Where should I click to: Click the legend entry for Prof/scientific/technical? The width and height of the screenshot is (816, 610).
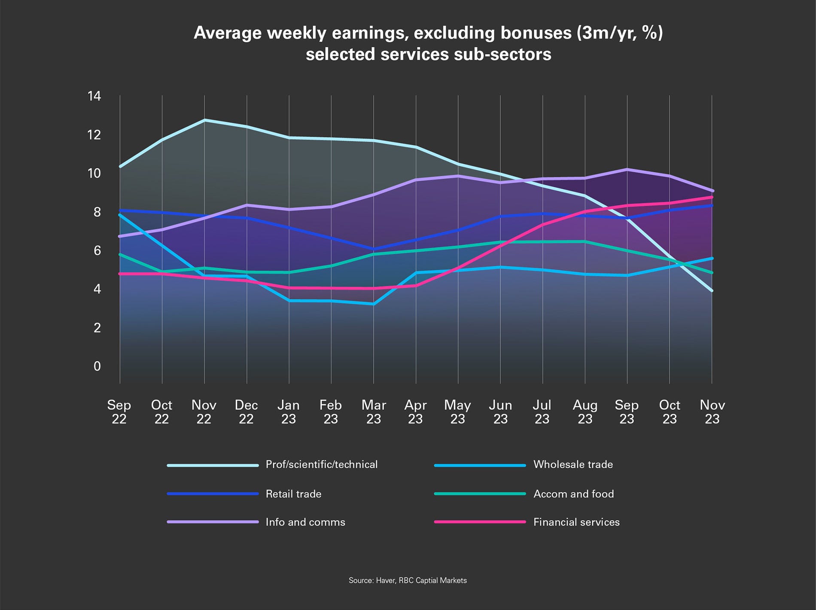pyautogui.click(x=321, y=464)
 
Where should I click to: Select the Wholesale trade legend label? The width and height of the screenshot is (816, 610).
pyautogui.click(x=572, y=464)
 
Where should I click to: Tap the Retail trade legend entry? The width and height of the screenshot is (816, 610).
pyautogui.click(x=293, y=494)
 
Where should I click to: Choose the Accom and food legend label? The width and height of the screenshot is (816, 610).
pyautogui.click(x=573, y=494)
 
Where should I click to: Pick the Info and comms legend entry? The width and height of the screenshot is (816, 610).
pyautogui.click(x=305, y=522)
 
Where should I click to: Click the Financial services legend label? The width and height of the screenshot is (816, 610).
pyautogui.click(x=576, y=522)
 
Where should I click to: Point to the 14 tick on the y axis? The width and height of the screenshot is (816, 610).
pyautogui.click(x=94, y=96)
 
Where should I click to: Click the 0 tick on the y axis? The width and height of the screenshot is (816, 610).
pyautogui.click(x=97, y=366)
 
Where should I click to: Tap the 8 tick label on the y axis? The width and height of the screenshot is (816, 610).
pyautogui.click(x=97, y=212)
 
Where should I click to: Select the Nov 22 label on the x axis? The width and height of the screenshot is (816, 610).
pyautogui.click(x=204, y=412)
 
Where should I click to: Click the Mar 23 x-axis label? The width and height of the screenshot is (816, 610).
pyautogui.click(x=374, y=412)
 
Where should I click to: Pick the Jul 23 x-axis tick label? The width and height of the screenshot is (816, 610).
pyautogui.click(x=542, y=412)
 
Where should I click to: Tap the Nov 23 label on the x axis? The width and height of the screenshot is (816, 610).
pyautogui.click(x=712, y=412)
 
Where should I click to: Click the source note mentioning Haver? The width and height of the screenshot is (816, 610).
pyautogui.click(x=407, y=580)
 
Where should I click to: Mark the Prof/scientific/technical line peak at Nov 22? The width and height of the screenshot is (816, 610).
pyautogui.click(x=204, y=120)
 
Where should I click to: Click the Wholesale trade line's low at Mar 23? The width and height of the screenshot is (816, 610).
pyautogui.click(x=374, y=304)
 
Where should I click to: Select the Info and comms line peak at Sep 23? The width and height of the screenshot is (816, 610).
pyautogui.click(x=627, y=169)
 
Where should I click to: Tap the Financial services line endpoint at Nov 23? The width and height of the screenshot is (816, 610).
pyautogui.click(x=712, y=197)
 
